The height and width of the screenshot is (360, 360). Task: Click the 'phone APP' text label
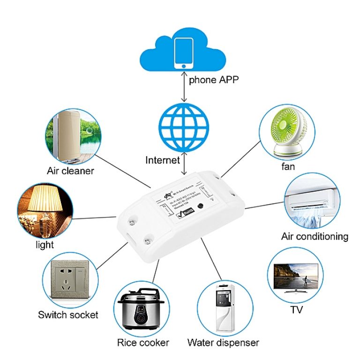[214, 80]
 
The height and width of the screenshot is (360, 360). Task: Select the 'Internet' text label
[163, 160]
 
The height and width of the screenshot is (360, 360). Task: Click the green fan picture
[288, 131]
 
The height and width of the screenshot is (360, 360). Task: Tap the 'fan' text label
[288, 167]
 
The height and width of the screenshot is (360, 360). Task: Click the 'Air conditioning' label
[315, 236]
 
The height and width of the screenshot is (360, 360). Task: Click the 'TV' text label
[296, 310]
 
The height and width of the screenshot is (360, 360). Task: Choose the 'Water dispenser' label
[223, 343]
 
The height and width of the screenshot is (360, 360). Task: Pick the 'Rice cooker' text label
[143, 343]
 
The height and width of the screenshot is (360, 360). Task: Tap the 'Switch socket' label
[68, 315]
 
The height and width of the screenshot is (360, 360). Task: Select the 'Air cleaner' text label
[70, 171]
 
